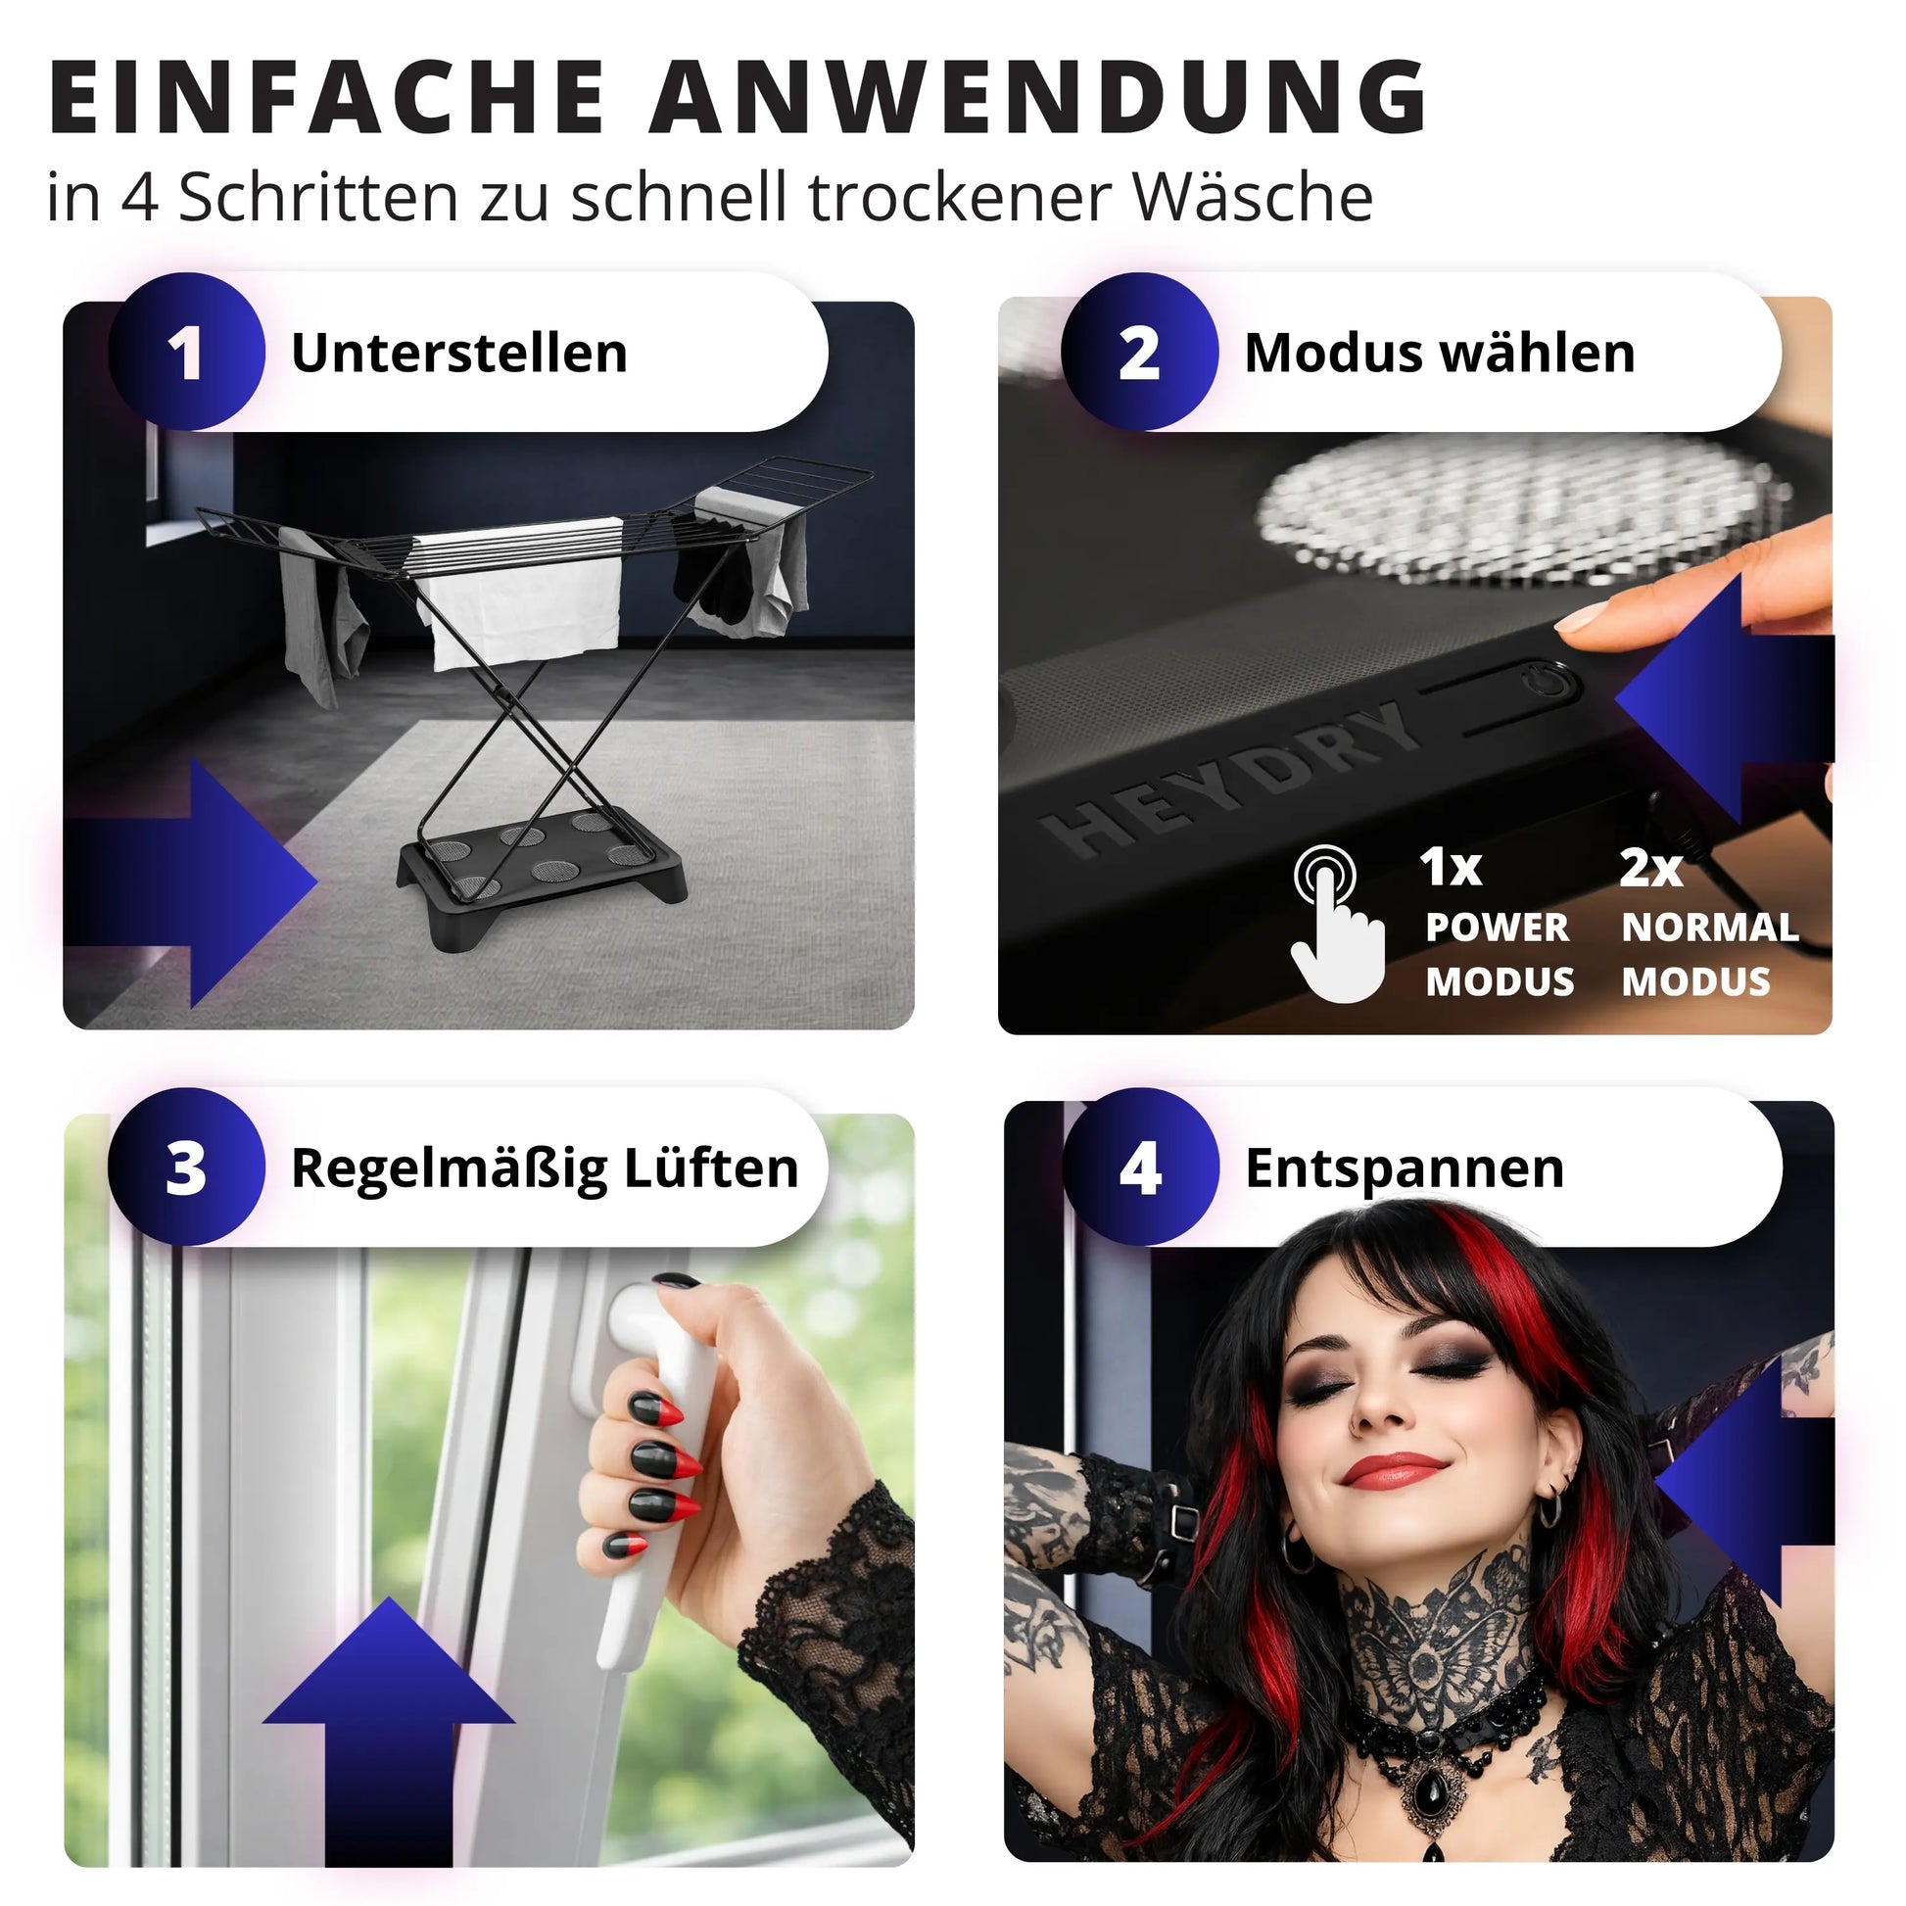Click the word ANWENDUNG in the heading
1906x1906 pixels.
[x=1038, y=97]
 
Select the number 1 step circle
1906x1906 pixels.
[x=186, y=353]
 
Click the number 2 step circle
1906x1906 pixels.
[x=1139, y=353]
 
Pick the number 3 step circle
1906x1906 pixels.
[x=186, y=1167]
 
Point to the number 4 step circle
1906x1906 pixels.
[x=1140, y=1167]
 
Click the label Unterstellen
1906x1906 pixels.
[x=459, y=353]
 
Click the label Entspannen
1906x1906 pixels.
[x=1405, y=1168]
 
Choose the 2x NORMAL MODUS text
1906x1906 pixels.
[x=1710, y=924]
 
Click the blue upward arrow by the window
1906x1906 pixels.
[x=389, y=1716]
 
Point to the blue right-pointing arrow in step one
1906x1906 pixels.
[x=191, y=882]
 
